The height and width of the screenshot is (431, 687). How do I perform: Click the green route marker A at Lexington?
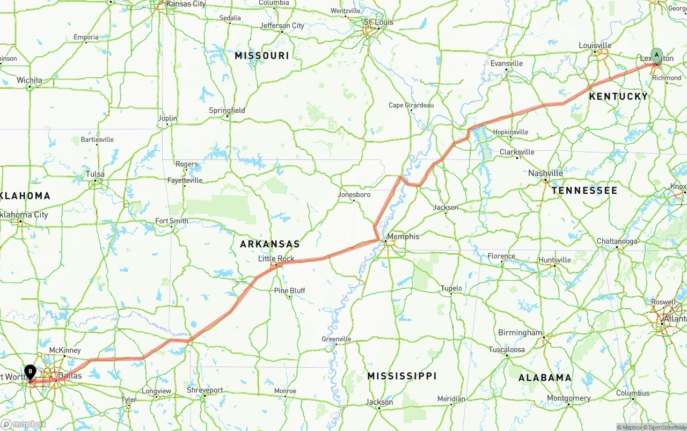pyautogui.click(x=656, y=55)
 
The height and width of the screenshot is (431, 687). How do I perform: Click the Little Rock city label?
pyautogui.click(x=276, y=259)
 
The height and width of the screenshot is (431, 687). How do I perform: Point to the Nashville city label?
pyautogui.click(x=545, y=173)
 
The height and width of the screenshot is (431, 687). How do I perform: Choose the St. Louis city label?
pyautogui.click(x=378, y=22)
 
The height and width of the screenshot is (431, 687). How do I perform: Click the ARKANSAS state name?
pyautogui.click(x=269, y=244)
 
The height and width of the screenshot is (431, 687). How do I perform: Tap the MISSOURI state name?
pyautogui.click(x=262, y=56)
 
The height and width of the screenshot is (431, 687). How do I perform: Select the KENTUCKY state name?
pyautogui.click(x=618, y=97)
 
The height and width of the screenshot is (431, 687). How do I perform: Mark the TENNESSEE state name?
pyautogui.click(x=584, y=191)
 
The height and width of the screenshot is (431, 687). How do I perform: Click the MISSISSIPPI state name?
pyautogui.click(x=401, y=376)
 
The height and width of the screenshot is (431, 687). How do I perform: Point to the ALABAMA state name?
pyautogui.click(x=545, y=378)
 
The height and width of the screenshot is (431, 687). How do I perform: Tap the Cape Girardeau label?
pyautogui.click(x=411, y=105)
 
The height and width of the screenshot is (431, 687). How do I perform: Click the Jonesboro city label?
pyautogui.click(x=354, y=195)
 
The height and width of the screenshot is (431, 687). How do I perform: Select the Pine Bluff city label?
pyautogui.click(x=289, y=291)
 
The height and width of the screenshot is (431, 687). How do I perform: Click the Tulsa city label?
pyautogui.click(x=96, y=174)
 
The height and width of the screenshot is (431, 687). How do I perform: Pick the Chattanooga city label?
pyautogui.click(x=617, y=242)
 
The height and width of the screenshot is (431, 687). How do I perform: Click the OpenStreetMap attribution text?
pyautogui.click(x=666, y=427)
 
